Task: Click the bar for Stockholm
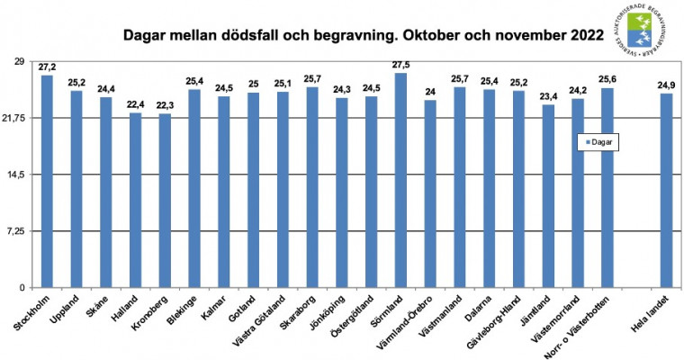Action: pyautogui.click(x=47, y=181)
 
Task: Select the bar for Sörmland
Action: pyautogui.click(x=400, y=180)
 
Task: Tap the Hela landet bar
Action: pyautogui.click(x=666, y=190)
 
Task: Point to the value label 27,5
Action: pyautogui.click(x=401, y=64)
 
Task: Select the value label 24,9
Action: pyautogui.click(x=666, y=85)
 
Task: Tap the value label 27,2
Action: pyautogui.click(x=47, y=67)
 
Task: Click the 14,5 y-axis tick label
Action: pyautogui.click(x=19, y=175)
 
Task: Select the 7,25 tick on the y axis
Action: pyautogui.click(x=19, y=231)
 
